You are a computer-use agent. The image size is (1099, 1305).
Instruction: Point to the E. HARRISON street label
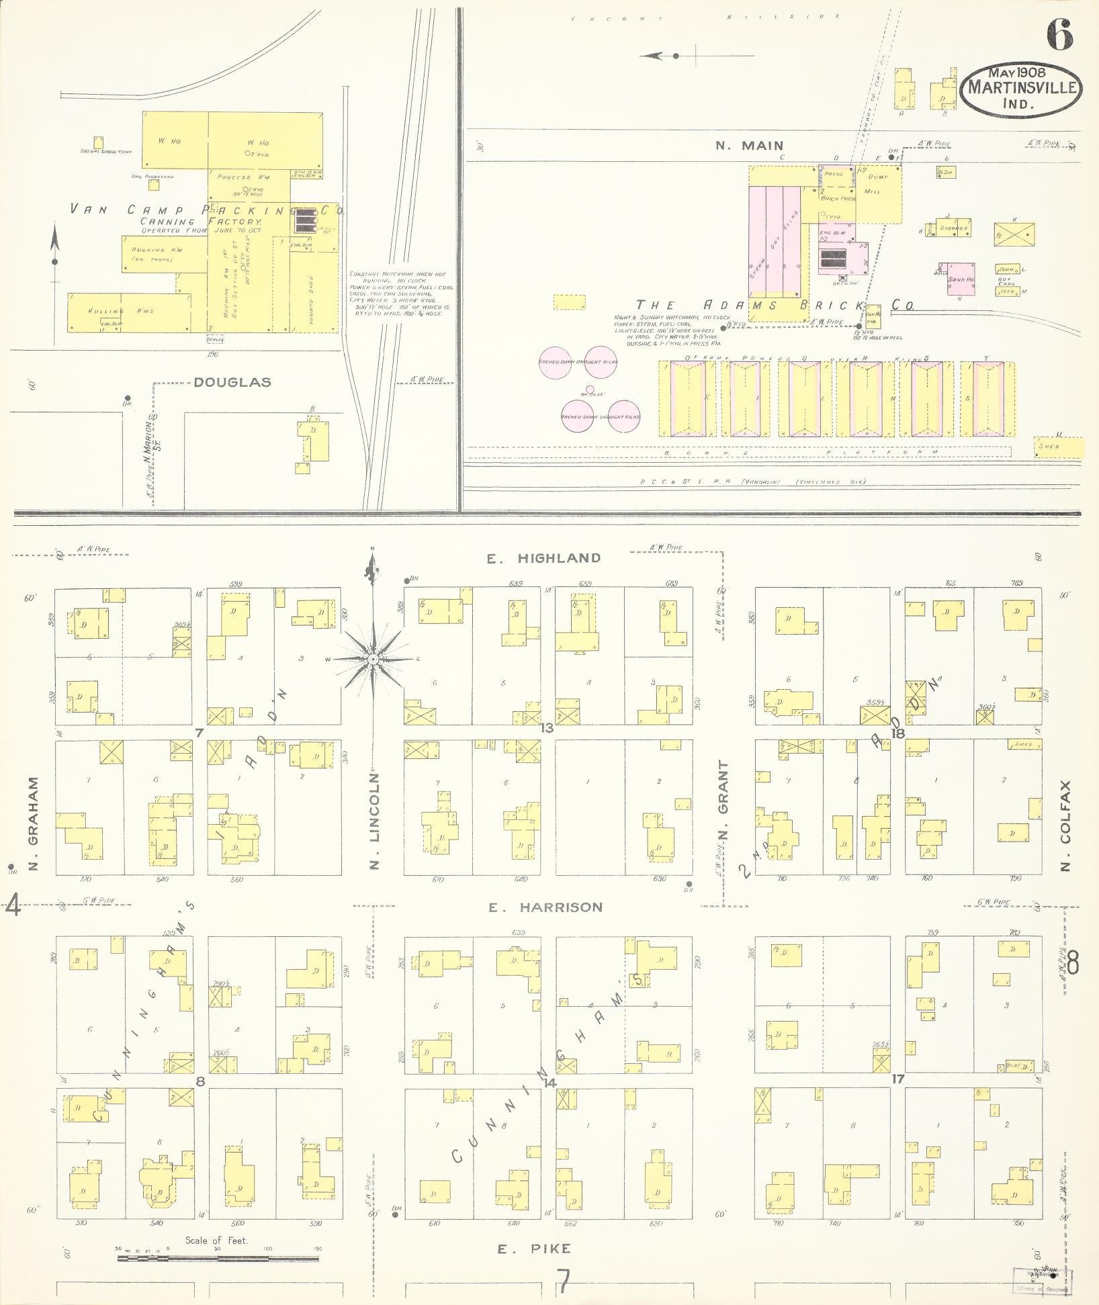point(545,907)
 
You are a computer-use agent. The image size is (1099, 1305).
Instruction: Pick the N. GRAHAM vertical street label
point(33,824)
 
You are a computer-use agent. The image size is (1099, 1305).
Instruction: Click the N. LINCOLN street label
point(375,821)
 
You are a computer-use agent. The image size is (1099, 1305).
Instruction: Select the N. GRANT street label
point(723,799)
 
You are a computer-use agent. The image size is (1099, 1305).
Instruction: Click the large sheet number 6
point(1059,35)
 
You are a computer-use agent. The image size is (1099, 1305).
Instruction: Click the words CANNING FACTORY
point(200,222)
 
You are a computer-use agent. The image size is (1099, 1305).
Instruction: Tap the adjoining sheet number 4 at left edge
point(12,907)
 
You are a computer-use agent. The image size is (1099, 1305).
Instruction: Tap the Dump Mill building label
point(877,183)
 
